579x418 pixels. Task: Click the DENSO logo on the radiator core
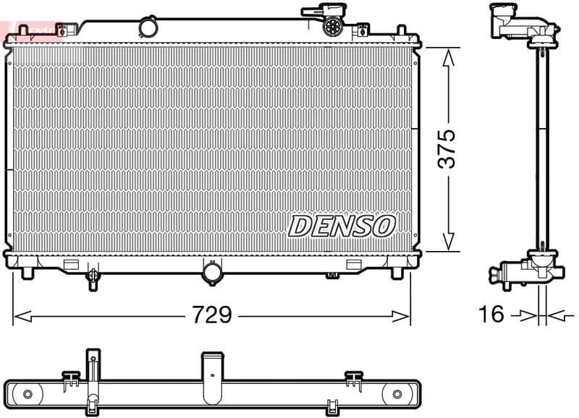pos(342,226)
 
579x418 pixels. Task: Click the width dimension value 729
pos(211,315)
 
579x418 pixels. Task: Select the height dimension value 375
pos(449,149)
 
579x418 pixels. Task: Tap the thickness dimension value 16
pos(491,315)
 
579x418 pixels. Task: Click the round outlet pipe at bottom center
pos(213,273)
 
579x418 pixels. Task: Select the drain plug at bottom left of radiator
pos(93,278)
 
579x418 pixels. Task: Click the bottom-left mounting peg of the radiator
pos(28,273)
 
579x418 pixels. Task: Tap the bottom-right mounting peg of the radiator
pos(397,273)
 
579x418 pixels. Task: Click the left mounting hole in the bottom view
pos(28,394)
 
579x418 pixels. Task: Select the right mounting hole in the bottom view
pos(396,394)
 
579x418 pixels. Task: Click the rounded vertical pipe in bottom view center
pos(211,376)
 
